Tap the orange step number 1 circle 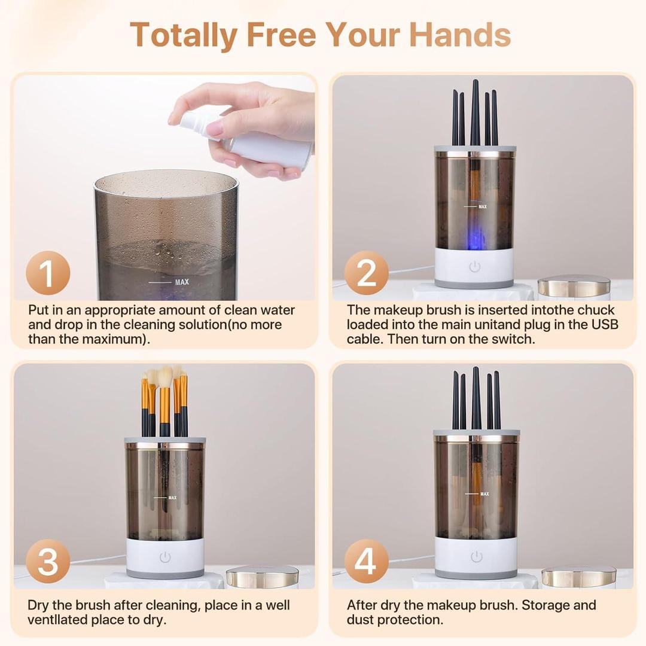point(48,273)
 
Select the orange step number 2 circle point(367,273)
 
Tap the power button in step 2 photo point(474,267)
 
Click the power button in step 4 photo point(476,557)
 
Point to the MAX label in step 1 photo point(182,282)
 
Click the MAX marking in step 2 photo point(482,207)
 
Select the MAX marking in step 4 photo point(484,494)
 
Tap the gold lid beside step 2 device point(573,287)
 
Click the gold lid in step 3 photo point(262,577)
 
